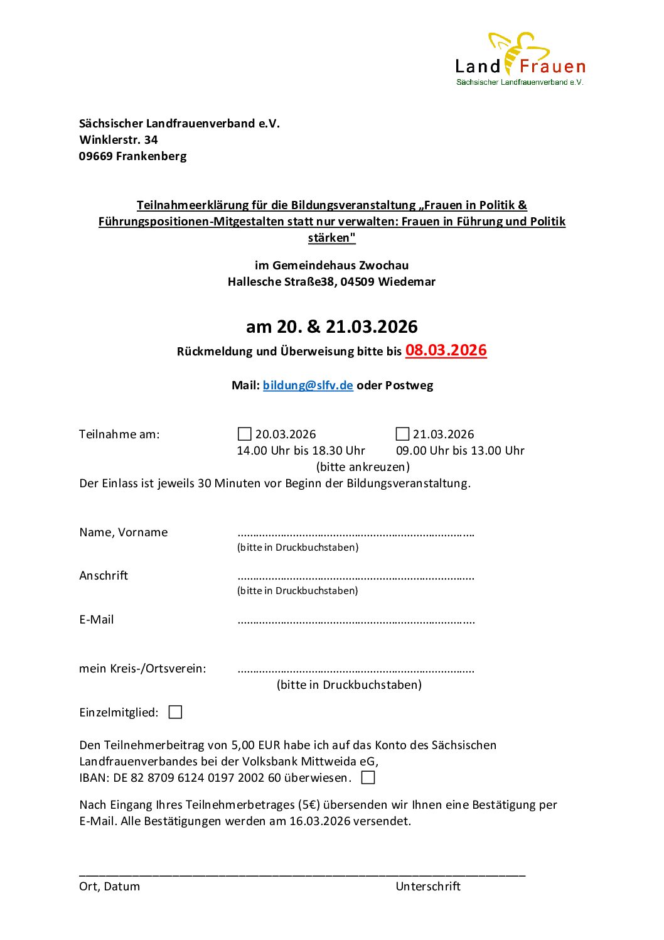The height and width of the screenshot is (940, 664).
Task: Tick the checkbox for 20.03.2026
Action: (x=245, y=434)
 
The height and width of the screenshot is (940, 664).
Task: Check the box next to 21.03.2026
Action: (x=402, y=434)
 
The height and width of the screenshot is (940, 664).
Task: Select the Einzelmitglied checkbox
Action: (x=176, y=712)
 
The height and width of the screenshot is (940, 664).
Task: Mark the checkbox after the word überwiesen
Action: (x=368, y=777)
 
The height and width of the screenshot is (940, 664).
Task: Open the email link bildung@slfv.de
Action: (x=308, y=385)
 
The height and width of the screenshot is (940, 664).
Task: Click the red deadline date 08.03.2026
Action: (x=446, y=350)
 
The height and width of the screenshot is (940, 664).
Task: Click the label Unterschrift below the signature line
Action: (x=428, y=886)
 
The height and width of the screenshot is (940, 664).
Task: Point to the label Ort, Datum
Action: (x=110, y=886)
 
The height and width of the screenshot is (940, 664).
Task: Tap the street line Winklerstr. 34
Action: (x=119, y=139)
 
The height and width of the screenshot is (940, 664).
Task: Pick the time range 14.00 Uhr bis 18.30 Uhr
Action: (x=301, y=450)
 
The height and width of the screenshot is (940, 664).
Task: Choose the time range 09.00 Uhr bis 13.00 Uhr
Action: (x=460, y=450)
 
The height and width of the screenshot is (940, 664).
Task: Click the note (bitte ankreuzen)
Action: (x=363, y=467)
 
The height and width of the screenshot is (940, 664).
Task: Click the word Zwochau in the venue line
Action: (x=383, y=265)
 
